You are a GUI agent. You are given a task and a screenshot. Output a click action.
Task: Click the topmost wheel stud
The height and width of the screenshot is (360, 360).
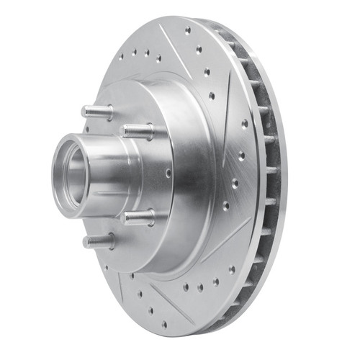tap(98, 112)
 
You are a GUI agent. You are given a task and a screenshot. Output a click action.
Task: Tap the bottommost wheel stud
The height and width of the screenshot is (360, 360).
tap(98, 242)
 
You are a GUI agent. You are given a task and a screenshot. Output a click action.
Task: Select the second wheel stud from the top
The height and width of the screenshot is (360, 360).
tap(138, 132)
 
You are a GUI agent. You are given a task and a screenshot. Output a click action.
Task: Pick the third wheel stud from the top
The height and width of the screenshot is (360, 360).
tap(138, 217)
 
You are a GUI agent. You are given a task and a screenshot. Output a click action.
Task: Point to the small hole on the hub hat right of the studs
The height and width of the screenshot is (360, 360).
tap(166, 172)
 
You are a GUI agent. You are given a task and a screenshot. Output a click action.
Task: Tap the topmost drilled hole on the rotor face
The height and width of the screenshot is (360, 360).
tap(188, 31)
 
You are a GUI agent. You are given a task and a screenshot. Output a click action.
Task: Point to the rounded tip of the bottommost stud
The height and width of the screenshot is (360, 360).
tap(85, 241)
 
